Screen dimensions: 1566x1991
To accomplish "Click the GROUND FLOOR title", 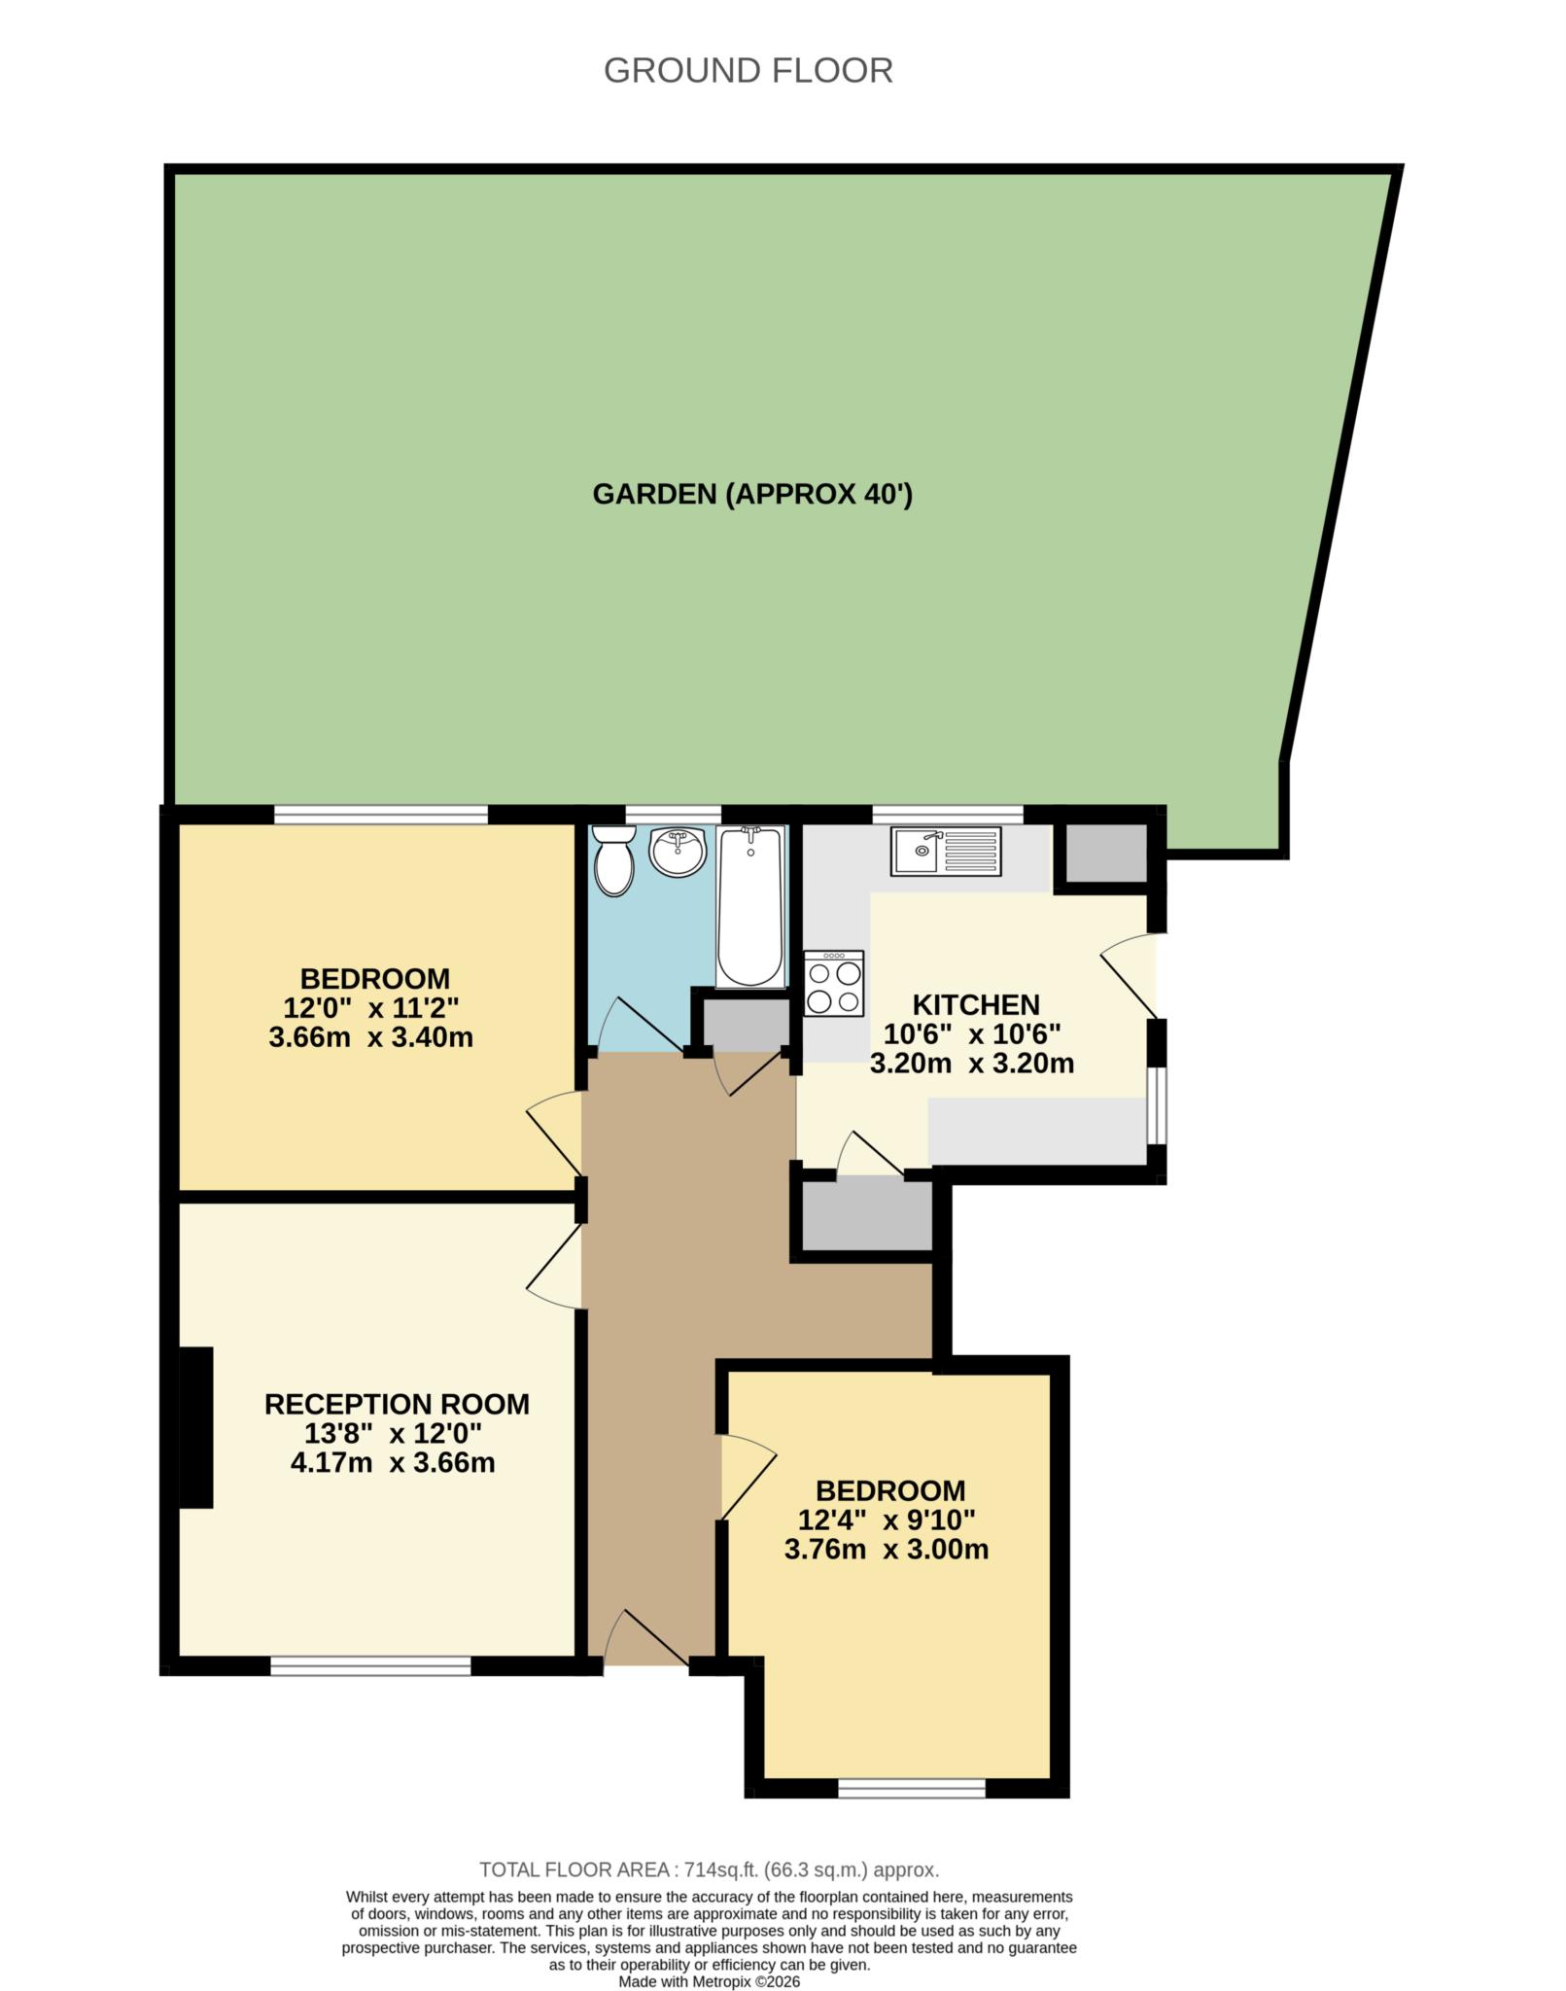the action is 748,71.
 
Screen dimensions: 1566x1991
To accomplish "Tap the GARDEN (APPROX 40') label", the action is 752,494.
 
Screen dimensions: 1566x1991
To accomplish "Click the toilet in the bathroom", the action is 613,859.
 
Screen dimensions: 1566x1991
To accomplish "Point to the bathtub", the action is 749,905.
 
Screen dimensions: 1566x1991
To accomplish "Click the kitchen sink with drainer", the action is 945,851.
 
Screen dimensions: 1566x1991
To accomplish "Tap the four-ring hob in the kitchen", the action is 834,983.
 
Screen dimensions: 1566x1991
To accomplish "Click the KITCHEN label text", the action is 975,1004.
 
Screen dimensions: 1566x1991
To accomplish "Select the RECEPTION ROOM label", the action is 397,1404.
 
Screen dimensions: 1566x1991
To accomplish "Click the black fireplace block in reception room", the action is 196,1427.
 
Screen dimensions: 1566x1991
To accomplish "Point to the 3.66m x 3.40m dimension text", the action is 370,1037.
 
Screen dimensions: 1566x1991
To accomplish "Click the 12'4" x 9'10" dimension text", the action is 887,1519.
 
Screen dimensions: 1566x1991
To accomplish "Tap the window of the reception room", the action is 370,1666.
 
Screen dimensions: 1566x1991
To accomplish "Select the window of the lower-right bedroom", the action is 912,1788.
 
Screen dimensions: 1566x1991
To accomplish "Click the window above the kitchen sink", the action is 948,815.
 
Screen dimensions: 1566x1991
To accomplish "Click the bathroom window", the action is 673,815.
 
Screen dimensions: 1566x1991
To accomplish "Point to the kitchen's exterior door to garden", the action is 1129,975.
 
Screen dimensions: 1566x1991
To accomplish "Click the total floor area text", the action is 710,1869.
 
